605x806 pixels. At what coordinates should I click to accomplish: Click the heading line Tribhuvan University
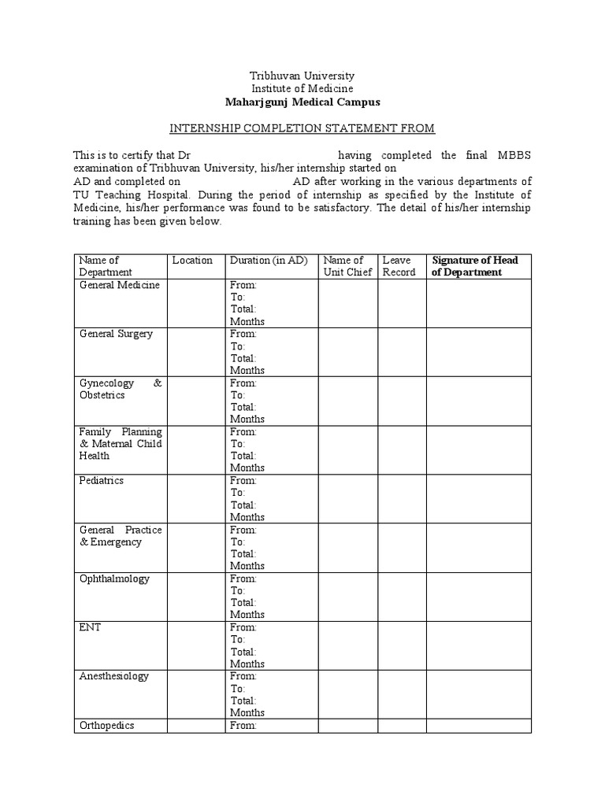[302, 76]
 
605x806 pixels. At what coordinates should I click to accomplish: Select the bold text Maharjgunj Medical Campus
[302, 102]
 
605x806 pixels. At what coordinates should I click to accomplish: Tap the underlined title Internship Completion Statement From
[302, 128]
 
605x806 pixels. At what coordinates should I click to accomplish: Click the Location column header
[192, 261]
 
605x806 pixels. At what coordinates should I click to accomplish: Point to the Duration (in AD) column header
[268, 261]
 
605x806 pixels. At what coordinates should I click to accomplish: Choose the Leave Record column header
[399, 266]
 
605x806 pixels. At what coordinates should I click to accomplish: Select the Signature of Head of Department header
[475, 266]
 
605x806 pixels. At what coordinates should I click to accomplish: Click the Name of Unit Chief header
[343, 266]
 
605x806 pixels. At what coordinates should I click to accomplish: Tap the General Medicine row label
[119, 285]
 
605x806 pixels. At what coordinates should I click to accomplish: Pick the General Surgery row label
[117, 334]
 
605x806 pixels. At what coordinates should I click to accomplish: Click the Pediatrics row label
[102, 480]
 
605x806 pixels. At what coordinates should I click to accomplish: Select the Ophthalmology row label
[114, 579]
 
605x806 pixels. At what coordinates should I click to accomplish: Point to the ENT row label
[90, 627]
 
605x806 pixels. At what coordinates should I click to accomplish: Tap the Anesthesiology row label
[114, 676]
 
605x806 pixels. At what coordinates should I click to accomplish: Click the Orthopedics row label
[107, 725]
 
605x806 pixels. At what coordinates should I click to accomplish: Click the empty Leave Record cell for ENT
[402, 645]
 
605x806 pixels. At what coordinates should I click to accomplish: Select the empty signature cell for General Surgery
[479, 352]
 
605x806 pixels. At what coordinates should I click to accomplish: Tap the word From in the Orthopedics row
[243, 725]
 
